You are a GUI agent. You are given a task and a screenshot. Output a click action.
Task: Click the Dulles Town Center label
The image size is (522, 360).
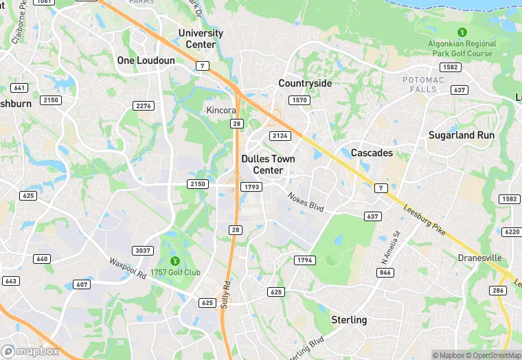[268, 164]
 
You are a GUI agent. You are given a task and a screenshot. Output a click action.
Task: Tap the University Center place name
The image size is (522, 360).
[201, 38]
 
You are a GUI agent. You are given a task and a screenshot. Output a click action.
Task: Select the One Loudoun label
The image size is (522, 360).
[146, 60]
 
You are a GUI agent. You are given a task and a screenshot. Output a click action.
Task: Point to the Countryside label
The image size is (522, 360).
[305, 83]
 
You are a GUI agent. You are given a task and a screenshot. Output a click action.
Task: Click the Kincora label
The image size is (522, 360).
[222, 110]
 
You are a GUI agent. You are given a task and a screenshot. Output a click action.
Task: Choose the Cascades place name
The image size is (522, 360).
[372, 152]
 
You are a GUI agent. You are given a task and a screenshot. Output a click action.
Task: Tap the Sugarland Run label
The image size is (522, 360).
[461, 135]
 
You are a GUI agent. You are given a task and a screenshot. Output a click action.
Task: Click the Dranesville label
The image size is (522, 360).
[479, 258]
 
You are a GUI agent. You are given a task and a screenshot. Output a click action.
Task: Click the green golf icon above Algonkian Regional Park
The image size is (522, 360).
[462, 32]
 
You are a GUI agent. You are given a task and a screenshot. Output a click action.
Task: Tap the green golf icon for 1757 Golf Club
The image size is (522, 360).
[175, 261]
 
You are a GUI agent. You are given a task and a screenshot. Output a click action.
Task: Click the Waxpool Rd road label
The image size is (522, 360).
[127, 269]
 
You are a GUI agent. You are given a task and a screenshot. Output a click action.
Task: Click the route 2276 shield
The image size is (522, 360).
[143, 105]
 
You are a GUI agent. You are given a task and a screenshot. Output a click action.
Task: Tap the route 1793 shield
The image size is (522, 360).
[251, 186]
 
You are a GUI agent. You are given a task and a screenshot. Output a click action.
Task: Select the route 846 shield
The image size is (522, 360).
[385, 273]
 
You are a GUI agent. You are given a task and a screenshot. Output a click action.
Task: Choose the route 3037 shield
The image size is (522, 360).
[143, 251]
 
